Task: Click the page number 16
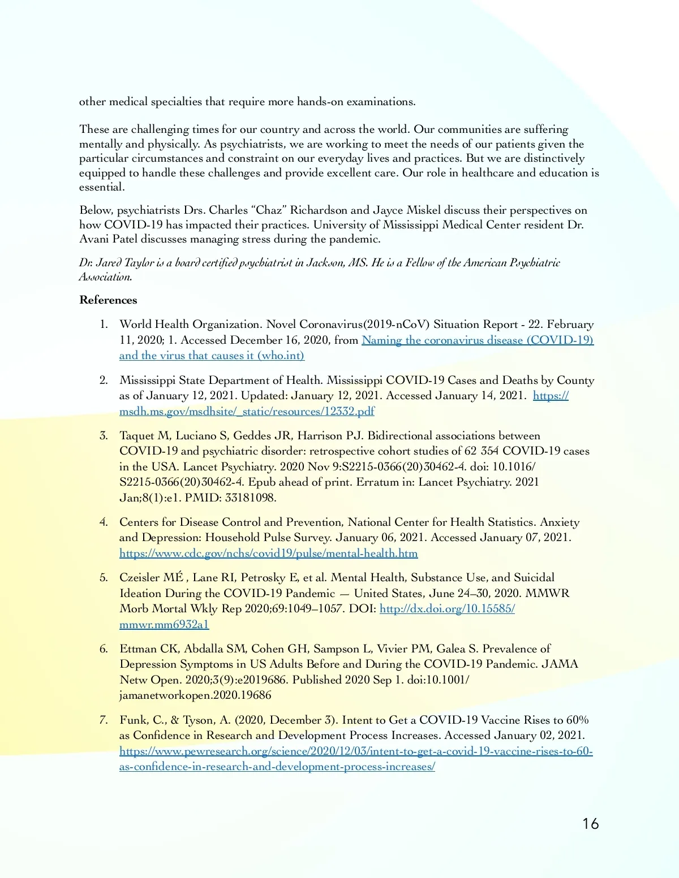pos(590,824)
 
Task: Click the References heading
pos(108,300)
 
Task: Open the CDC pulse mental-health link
pos(268,553)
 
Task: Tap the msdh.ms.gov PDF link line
pos(247,411)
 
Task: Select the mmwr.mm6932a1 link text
pos(164,624)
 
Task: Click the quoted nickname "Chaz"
pos(269,210)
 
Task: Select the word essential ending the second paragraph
pos(101,187)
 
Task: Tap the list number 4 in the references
pos(104,522)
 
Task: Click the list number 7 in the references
pos(104,720)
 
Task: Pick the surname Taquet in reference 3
pos(136,436)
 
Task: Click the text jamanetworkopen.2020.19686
pos(195,695)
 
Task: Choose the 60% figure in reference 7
pos(577,720)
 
